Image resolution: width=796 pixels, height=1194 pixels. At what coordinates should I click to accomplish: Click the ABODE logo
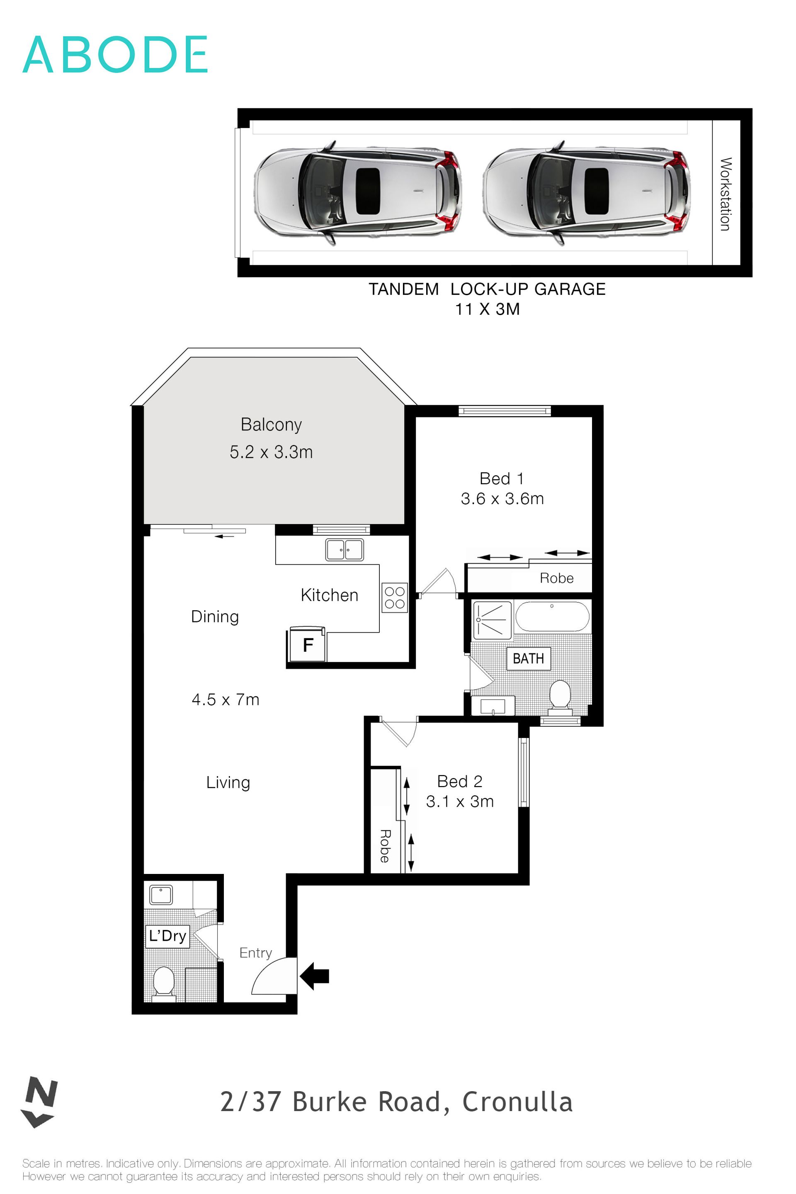[115, 54]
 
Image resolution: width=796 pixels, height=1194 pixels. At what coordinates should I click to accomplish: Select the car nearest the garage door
[357, 192]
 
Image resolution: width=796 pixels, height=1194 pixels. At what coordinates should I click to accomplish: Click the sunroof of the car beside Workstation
[597, 190]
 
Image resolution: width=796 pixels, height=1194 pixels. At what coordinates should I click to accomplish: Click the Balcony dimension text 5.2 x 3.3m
[271, 452]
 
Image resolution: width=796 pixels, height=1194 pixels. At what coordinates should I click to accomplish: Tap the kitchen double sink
[345, 550]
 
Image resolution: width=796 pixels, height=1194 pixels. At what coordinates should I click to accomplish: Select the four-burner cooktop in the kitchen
[394, 597]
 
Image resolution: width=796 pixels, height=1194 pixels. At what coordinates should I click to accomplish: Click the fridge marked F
[308, 645]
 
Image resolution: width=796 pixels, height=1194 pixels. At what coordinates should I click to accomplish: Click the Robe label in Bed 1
[556, 578]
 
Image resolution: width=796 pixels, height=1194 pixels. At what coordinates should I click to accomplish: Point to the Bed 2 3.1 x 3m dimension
[459, 801]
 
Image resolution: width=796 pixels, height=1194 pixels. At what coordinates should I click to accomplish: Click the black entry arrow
[315, 976]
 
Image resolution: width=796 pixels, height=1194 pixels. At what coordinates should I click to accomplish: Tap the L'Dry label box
[167, 936]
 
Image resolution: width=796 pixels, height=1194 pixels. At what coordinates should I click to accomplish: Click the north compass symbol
[40, 1101]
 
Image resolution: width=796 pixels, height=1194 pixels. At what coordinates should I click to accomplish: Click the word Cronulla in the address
[517, 1102]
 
